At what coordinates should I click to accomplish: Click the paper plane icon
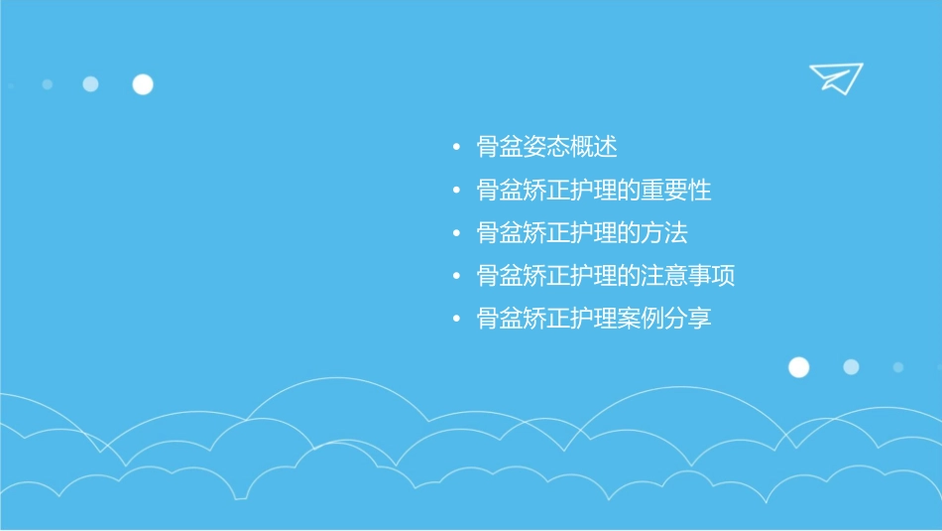(835, 77)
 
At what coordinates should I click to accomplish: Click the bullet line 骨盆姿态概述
(546, 148)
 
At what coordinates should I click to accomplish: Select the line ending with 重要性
(594, 191)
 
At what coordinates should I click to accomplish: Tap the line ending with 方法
(582, 233)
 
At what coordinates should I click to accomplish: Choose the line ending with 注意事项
(606, 276)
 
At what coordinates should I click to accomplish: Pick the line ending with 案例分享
(594, 319)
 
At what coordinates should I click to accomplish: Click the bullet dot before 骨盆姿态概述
(456, 148)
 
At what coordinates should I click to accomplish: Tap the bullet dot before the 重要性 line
(456, 191)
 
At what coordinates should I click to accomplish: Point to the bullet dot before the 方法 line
(456, 233)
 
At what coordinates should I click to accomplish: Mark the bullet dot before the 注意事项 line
(456, 276)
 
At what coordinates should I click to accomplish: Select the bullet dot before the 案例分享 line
(456, 319)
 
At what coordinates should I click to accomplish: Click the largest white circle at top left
(143, 84)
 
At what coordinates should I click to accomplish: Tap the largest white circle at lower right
(798, 367)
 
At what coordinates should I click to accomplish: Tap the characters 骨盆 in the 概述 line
(500, 148)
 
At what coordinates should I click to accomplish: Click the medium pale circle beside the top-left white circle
(90, 84)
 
